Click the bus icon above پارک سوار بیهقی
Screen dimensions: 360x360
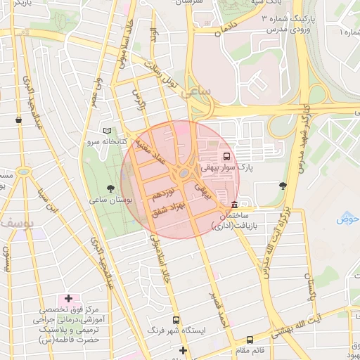(226, 156)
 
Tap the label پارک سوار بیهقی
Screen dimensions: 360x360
(226, 168)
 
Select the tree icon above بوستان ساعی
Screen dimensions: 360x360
(110, 188)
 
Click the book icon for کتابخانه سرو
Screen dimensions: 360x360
(107, 131)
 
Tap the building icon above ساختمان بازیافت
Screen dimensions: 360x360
(234, 205)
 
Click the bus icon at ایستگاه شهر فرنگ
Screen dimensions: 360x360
(176, 319)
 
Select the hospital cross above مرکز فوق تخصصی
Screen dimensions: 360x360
(68, 299)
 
